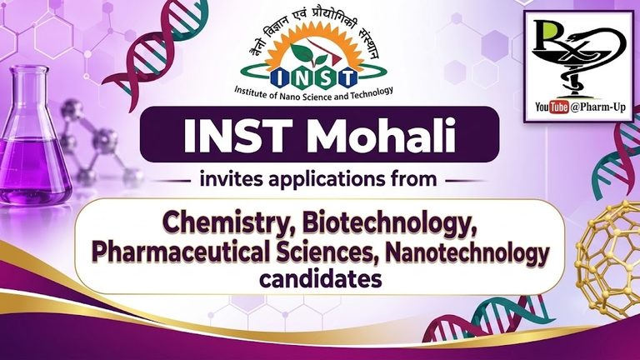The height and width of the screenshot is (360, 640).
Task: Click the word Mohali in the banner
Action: pos(383,135)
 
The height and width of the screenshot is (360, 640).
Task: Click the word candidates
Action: pos(321,280)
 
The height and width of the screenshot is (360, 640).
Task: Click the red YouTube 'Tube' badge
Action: pos(559,107)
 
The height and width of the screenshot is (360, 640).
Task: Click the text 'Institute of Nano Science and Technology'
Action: pos(313,93)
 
